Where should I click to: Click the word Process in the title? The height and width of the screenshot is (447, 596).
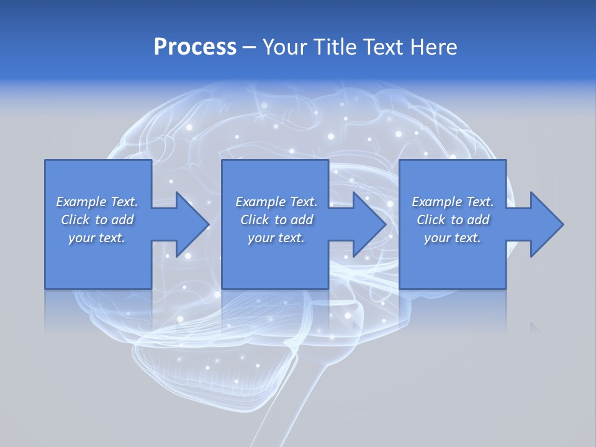tap(195, 47)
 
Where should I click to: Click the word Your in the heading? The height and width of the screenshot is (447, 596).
tap(285, 47)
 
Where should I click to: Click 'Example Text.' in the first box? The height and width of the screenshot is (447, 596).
tap(97, 202)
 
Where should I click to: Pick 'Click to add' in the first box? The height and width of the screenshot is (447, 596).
tap(97, 220)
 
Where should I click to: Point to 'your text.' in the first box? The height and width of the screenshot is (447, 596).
tap(97, 238)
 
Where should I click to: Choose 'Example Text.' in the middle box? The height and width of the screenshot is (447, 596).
tap(276, 202)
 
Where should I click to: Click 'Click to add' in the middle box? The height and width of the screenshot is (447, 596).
tap(276, 220)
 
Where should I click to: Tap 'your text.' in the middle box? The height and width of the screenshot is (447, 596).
tap(276, 238)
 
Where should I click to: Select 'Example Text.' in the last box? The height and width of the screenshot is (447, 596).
tap(453, 202)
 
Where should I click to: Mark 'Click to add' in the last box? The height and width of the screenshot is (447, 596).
tap(453, 220)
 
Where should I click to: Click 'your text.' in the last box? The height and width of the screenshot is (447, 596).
tap(453, 238)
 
